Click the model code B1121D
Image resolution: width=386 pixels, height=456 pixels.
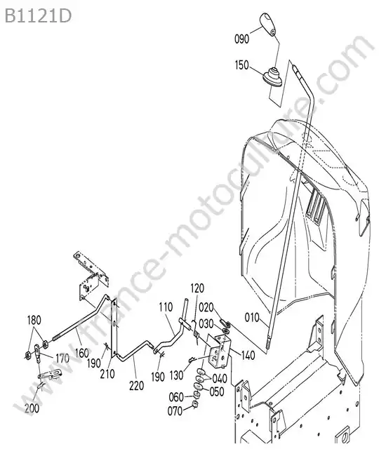[38, 16]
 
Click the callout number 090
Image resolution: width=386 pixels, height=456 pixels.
[241, 39]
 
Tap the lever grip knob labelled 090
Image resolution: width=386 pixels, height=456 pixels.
[267, 24]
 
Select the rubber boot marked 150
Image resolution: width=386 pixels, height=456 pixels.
[272, 76]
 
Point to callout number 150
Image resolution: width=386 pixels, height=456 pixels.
[242, 65]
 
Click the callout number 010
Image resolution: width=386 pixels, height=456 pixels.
[252, 318]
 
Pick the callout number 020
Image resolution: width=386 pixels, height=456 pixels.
[206, 307]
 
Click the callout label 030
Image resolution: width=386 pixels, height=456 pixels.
[206, 323]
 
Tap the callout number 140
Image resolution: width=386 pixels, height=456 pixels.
[248, 355]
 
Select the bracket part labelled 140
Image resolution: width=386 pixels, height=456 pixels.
[220, 352]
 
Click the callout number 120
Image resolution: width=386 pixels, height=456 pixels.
[197, 288]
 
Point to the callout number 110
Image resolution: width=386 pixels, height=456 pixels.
[166, 307]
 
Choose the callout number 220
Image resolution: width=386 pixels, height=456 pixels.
[137, 386]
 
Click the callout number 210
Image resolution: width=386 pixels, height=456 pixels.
[107, 374]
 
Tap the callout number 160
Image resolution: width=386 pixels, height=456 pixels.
[81, 353]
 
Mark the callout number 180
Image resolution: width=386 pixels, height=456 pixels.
[34, 320]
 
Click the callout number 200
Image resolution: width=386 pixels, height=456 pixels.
[32, 408]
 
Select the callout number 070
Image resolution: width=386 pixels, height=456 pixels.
[175, 411]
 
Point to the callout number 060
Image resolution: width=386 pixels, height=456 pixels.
[176, 397]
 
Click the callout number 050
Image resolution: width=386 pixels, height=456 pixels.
[217, 391]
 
